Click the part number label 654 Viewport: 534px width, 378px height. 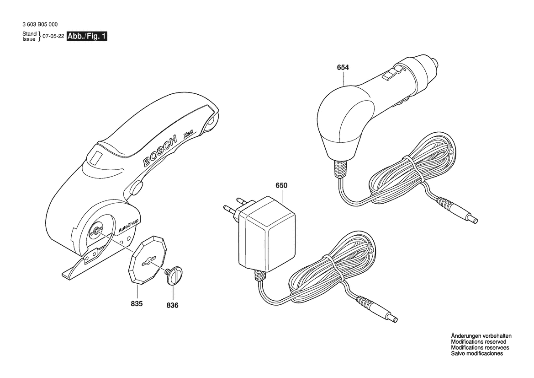343,68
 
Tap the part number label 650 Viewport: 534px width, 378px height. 281,186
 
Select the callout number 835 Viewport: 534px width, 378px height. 137,303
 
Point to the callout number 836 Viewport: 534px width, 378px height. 172,305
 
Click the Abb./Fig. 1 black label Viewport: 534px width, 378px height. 87,37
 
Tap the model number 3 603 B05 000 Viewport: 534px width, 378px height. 40,24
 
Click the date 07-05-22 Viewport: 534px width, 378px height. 53,37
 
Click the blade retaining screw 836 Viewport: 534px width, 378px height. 174,275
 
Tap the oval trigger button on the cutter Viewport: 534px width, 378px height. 136,189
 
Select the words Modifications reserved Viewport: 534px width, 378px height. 478,342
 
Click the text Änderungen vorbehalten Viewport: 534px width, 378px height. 481,336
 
